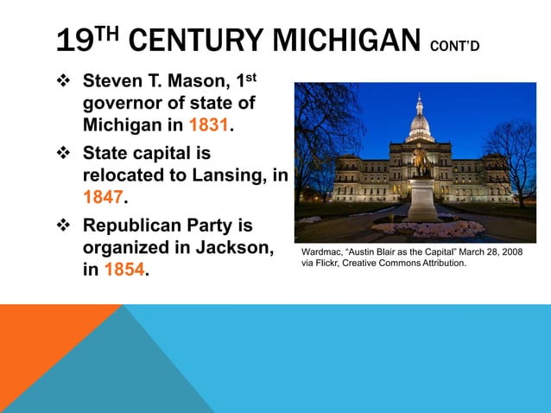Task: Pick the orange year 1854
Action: (124, 270)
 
